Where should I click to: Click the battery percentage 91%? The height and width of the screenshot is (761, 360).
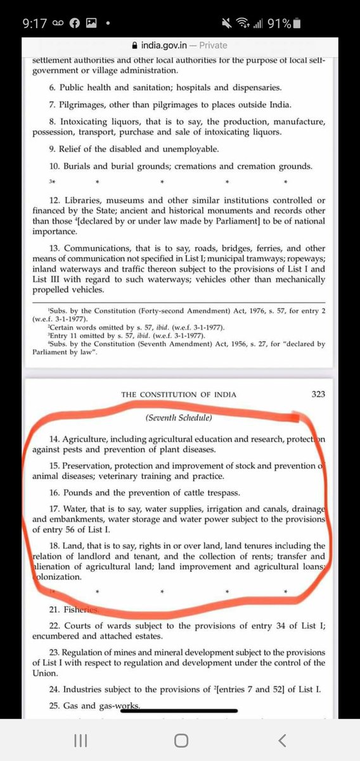pos(280,23)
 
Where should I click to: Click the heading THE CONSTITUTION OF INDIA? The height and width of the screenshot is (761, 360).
pos(179,394)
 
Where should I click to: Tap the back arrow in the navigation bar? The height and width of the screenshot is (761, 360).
pos(282,740)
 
